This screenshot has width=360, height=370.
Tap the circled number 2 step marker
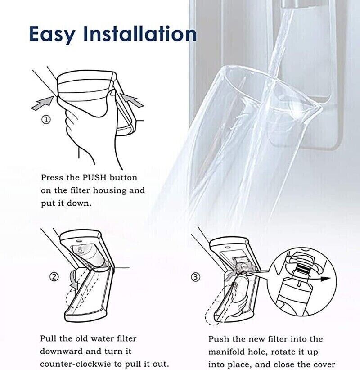tap(54, 277)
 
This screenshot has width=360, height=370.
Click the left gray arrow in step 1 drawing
tap(41, 102)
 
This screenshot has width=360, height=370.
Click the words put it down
tap(66, 203)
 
